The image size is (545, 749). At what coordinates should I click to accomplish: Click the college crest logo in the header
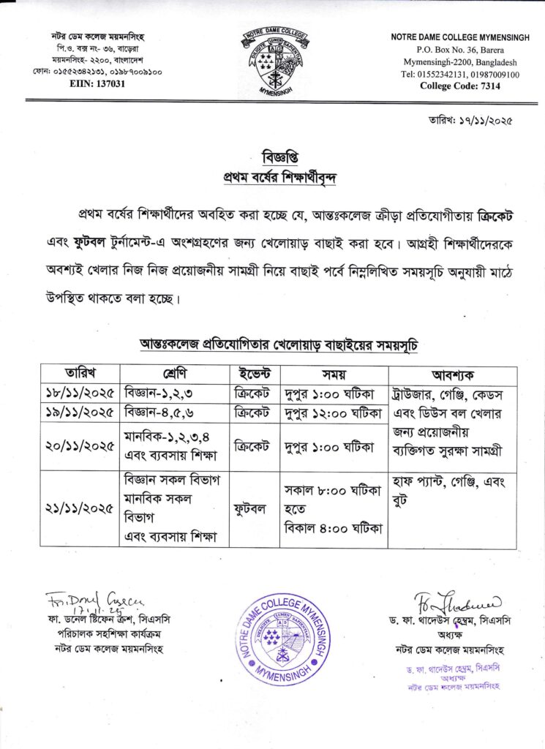point(272,61)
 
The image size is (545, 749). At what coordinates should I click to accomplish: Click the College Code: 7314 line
point(459,86)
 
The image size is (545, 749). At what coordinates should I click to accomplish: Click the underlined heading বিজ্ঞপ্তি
point(281,158)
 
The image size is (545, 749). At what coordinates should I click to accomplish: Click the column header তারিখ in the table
point(80,370)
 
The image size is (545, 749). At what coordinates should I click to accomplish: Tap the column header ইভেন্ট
point(254,370)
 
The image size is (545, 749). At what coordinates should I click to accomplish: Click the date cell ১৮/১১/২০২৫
point(80,391)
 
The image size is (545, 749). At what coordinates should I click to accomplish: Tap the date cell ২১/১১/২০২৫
point(80,507)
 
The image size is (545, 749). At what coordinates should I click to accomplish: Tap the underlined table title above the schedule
point(280,344)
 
